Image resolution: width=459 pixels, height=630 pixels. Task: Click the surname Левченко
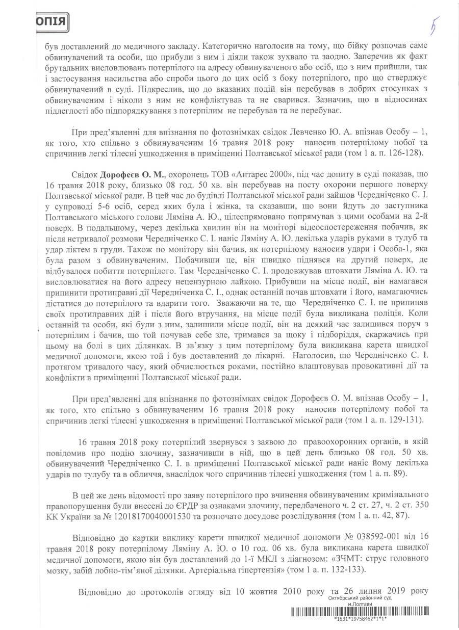point(254,133)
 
